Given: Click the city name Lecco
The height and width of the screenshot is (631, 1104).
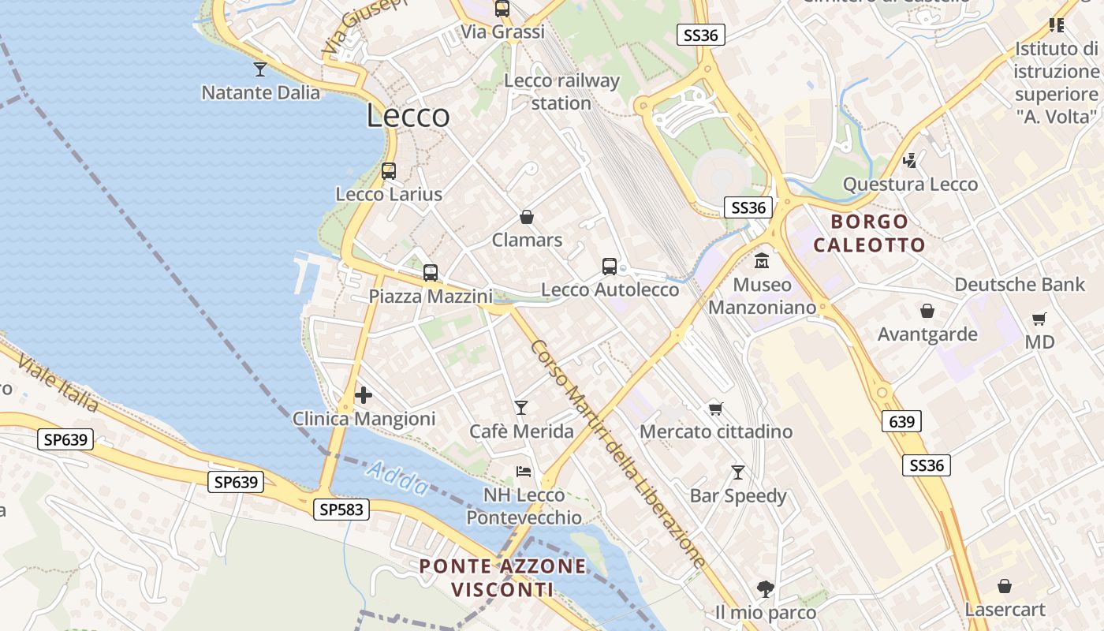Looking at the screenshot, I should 408,117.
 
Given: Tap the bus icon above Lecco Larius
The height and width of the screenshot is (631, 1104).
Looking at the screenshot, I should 389,170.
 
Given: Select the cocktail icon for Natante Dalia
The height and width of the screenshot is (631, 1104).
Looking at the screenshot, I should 260,69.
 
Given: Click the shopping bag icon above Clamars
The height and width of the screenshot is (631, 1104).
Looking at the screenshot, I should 527,217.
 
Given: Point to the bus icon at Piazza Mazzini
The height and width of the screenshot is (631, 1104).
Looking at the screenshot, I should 430,273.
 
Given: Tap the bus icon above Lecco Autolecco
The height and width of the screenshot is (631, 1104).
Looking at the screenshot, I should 610,267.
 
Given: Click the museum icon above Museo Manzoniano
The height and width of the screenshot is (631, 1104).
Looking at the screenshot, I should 762,261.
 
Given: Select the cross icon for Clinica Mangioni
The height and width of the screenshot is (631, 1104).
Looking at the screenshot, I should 364,394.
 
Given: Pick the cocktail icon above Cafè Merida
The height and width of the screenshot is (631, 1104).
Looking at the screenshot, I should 521,408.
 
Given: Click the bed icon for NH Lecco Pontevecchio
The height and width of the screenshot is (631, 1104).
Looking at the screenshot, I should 524,472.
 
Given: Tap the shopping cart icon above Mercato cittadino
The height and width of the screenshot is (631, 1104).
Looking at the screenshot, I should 715,409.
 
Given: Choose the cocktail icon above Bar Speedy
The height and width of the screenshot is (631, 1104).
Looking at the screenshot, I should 738,472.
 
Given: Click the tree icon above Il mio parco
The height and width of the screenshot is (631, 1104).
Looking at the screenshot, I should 765,588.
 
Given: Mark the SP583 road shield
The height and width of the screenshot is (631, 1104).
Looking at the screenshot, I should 341,510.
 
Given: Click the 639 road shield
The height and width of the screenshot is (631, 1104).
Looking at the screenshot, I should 901,421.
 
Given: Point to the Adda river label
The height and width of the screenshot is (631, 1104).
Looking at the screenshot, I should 397,478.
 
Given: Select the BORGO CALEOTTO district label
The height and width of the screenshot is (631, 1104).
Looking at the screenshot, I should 869,233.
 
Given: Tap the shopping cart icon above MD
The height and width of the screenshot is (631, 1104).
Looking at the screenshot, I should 1039,319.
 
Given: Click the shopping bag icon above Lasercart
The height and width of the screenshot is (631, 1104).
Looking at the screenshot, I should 1005,586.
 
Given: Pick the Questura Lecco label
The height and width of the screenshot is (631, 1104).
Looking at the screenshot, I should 910,185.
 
